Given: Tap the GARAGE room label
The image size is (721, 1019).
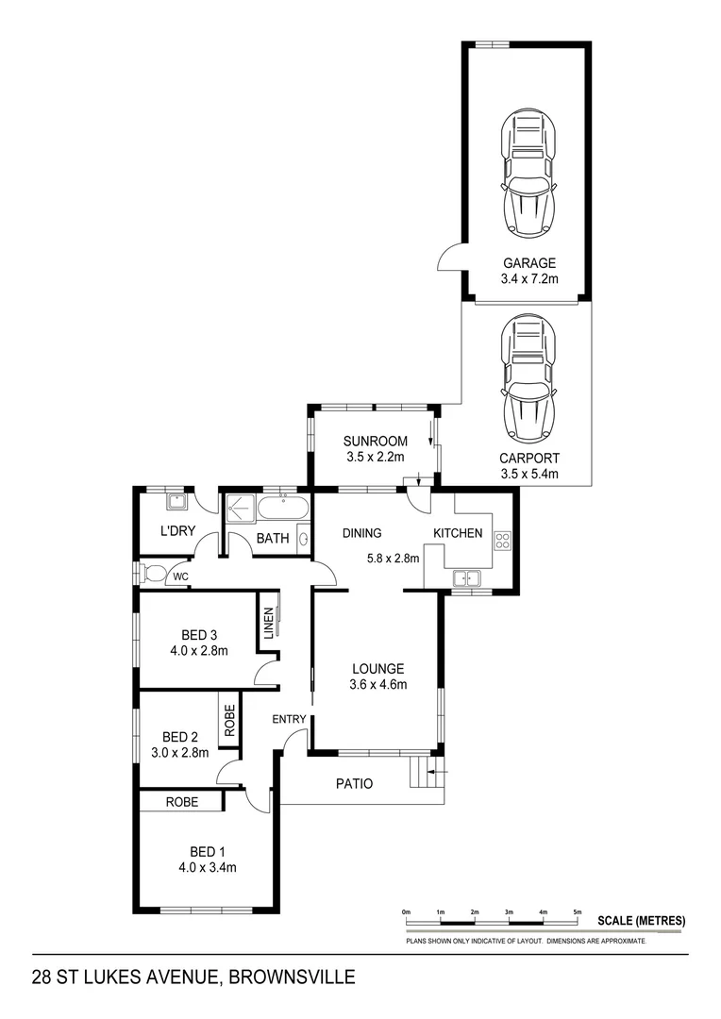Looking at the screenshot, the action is (529, 263).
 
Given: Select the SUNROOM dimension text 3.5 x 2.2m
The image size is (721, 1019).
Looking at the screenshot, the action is (374, 457).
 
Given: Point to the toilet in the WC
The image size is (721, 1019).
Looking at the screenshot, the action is (153, 573).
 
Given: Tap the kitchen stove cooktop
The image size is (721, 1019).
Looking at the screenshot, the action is (502, 541).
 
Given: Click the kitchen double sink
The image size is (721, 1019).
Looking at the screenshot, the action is (467, 577).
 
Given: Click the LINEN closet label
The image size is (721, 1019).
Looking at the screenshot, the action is (269, 624).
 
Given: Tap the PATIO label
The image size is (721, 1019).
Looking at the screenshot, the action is (355, 783).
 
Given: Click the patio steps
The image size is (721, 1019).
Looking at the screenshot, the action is (422, 777).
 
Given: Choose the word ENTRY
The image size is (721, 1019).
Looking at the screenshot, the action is (289, 720).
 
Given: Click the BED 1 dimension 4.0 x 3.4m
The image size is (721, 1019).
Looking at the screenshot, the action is (205, 868).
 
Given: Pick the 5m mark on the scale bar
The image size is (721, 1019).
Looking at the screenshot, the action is (578, 912).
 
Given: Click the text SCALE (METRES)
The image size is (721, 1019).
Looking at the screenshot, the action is (642, 921).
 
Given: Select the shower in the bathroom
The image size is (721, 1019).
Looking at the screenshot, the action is (239, 509).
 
